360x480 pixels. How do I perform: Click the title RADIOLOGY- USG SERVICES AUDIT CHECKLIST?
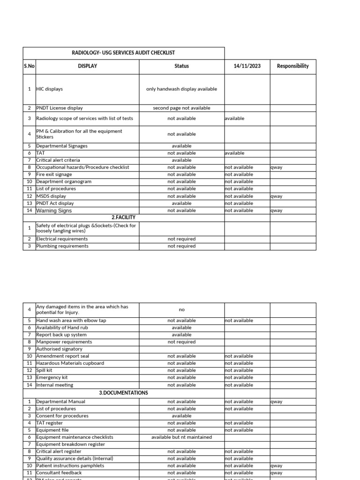(x=123, y=53)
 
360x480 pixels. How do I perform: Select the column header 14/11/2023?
(x=247, y=66)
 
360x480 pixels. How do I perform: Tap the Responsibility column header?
(x=292, y=66)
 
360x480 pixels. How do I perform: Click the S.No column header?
(x=29, y=66)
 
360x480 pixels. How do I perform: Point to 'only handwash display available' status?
(x=181, y=89)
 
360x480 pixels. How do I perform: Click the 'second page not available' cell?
(x=181, y=108)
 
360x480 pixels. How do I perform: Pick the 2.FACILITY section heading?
(x=123, y=217)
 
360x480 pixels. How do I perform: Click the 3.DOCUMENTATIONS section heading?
(x=123, y=393)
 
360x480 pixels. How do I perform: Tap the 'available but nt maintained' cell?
(x=181, y=437)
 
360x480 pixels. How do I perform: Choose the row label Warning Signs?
(x=54, y=210)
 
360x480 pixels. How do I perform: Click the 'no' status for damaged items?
(x=181, y=310)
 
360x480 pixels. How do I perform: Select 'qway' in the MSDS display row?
(x=276, y=196)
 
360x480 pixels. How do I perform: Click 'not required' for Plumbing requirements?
(x=181, y=246)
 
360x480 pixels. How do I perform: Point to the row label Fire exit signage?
(x=56, y=174)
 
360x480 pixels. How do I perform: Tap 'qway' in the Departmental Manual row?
(x=276, y=402)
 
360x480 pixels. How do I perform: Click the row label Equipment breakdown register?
(x=70, y=444)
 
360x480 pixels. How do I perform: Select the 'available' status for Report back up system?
(x=181, y=335)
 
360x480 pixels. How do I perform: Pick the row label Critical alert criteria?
(x=58, y=160)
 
